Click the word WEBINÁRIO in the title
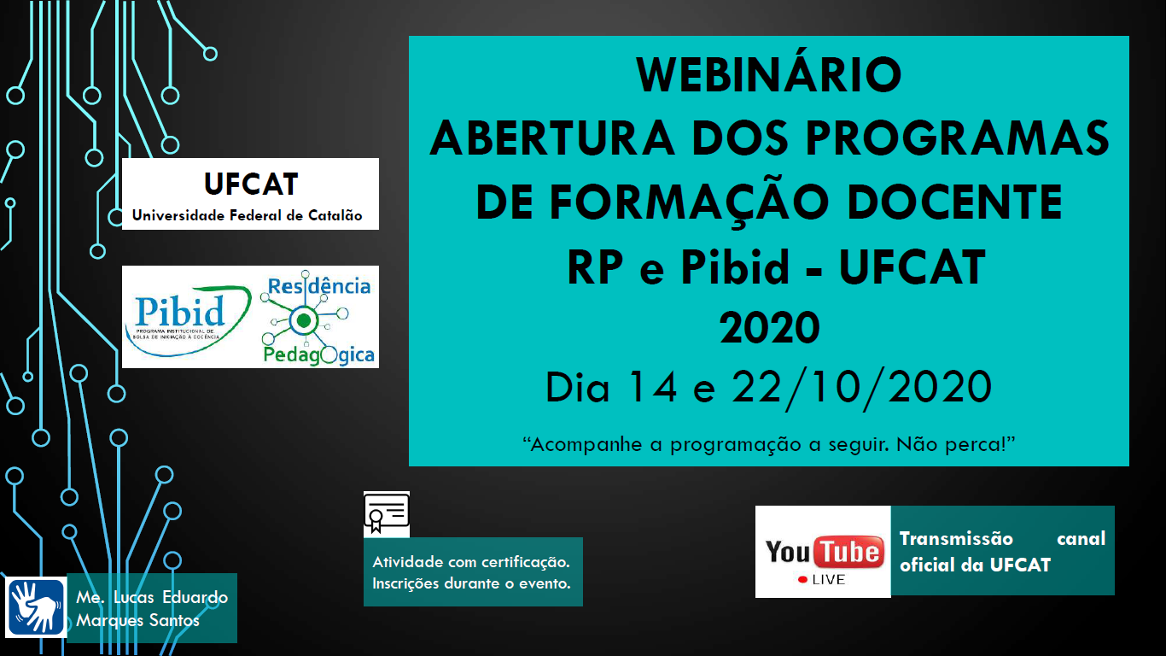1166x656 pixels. click(x=769, y=74)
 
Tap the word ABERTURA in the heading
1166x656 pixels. click(x=552, y=138)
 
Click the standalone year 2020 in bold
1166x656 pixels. click(x=769, y=327)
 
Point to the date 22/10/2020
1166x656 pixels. click(x=861, y=388)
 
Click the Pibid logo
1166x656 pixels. click(x=188, y=320)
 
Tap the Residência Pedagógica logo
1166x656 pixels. click(x=318, y=317)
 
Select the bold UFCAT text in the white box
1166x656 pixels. click(x=251, y=184)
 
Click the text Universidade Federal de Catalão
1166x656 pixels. click(x=248, y=215)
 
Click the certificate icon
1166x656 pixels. click(x=386, y=513)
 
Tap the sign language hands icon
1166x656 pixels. click(x=35, y=607)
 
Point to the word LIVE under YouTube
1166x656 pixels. click(x=829, y=580)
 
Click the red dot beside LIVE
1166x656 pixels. click(x=802, y=580)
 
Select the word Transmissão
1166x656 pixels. click(x=956, y=538)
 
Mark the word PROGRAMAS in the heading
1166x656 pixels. click(x=958, y=138)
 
